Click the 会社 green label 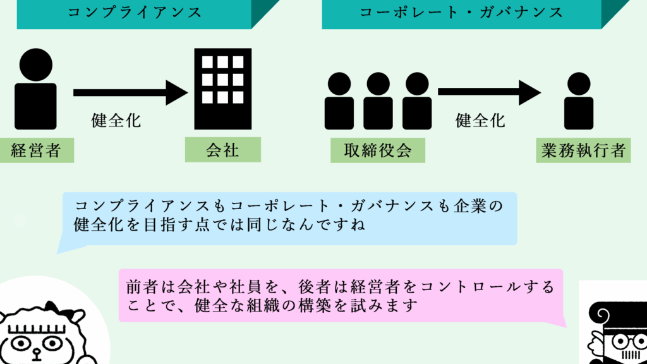(222, 150)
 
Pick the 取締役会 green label (377, 150)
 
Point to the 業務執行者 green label (583, 151)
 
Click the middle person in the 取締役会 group (378, 101)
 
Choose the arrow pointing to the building (130, 92)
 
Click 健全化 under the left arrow (116, 120)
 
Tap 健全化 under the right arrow (481, 120)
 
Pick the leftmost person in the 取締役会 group (339, 101)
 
